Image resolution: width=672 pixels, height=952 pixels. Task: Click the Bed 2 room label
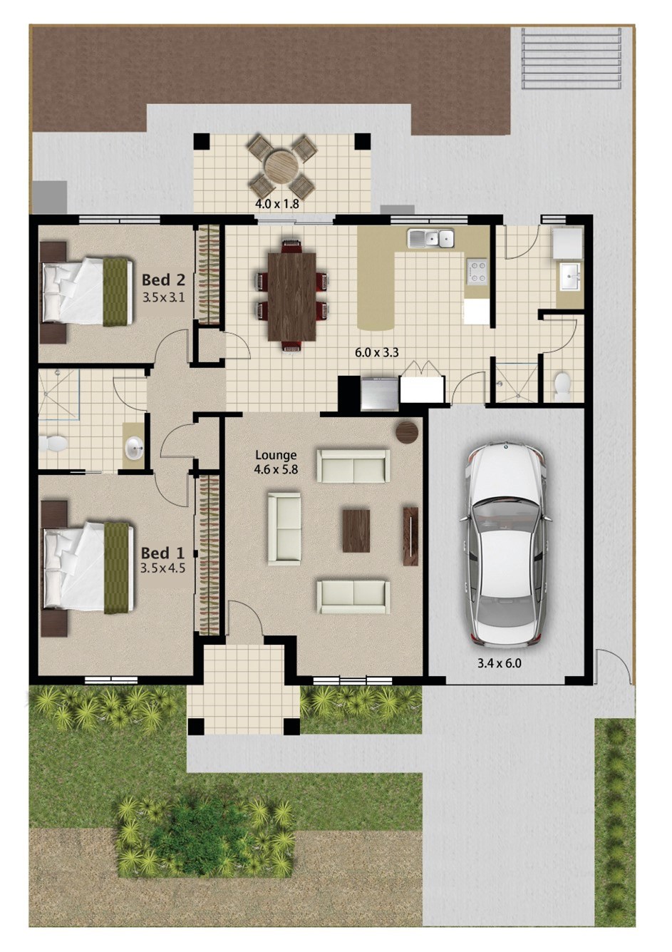tap(163, 280)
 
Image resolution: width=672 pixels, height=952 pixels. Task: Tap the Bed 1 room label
tap(162, 553)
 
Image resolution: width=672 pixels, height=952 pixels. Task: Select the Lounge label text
tap(276, 455)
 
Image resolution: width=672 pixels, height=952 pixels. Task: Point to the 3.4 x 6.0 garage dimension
tap(500, 662)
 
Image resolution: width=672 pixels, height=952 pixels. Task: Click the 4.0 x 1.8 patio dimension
tap(276, 204)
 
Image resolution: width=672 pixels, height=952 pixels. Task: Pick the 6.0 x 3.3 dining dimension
tap(376, 352)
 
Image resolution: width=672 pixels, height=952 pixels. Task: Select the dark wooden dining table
tap(291, 296)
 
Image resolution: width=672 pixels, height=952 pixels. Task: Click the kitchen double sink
tap(430, 238)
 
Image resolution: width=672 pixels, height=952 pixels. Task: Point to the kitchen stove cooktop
tap(476, 271)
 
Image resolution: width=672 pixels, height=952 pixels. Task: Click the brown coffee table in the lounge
tap(356, 531)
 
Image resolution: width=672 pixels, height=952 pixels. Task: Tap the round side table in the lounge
tap(408, 432)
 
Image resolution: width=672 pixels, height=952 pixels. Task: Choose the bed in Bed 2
tap(87, 291)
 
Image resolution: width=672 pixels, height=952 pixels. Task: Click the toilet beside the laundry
tap(562, 386)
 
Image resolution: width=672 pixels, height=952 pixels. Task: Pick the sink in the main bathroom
tap(133, 449)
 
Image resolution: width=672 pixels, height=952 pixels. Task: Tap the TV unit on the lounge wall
tap(410, 536)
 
